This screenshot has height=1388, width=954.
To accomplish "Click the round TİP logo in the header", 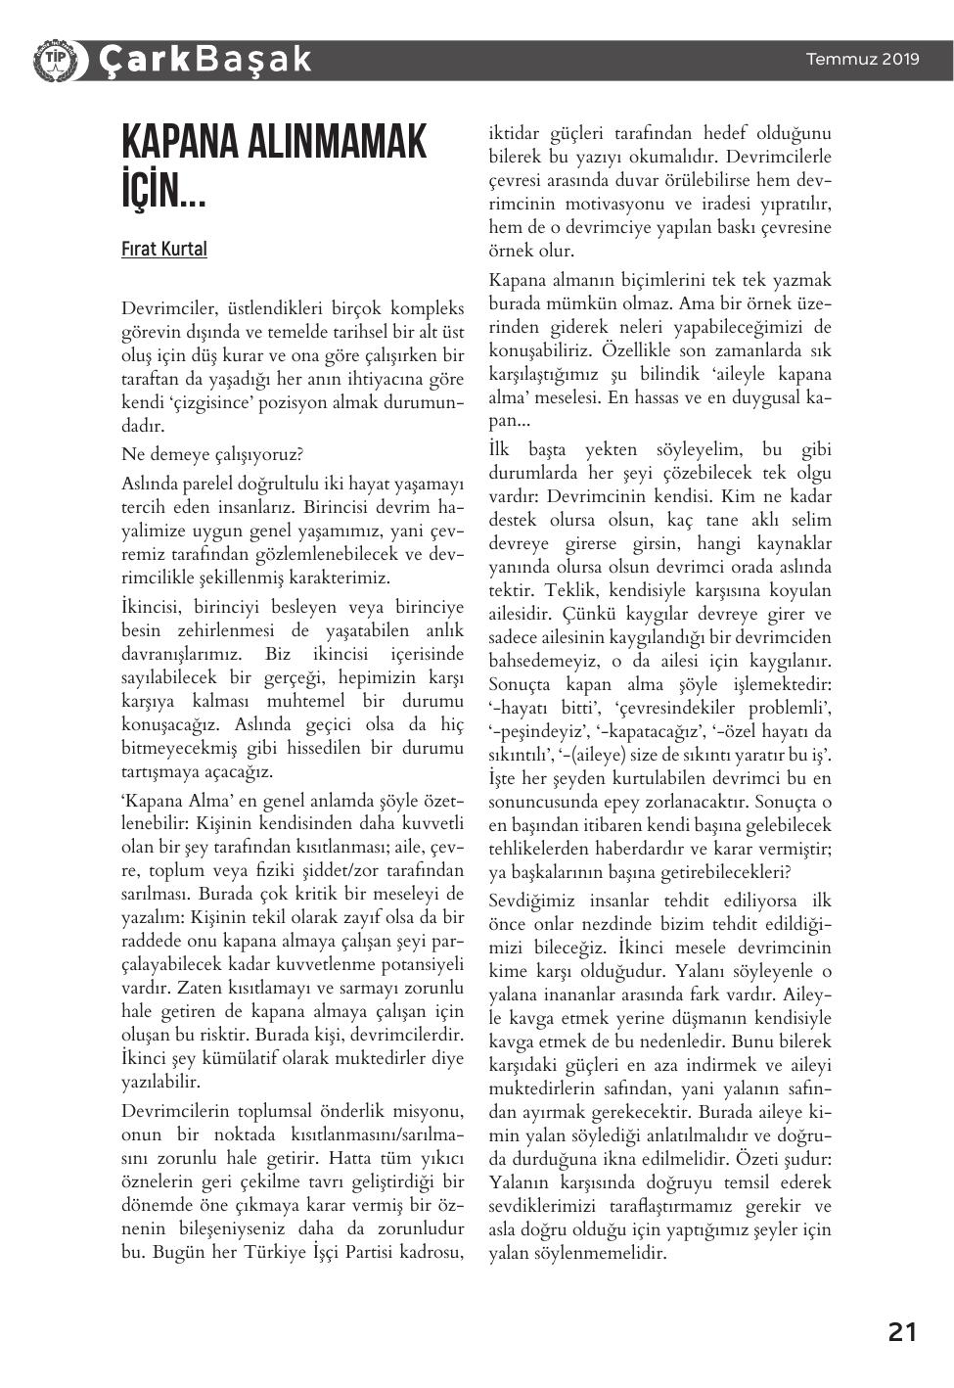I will (x=54, y=59).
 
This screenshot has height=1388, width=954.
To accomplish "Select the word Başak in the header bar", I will (x=252, y=59).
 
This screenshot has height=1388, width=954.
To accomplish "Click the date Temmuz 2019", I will (x=862, y=59).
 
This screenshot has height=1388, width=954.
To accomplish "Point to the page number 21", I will (x=901, y=1331).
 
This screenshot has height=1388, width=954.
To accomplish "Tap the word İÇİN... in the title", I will (x=162, y=190).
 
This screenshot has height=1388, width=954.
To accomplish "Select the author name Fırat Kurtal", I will (x=163, y=249).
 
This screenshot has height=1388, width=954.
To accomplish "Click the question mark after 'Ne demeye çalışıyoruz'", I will (x=299, y=454).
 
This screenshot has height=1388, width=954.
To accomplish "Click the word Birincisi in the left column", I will (x=339, y=507).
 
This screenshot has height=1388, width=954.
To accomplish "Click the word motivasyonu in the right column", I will (x=613, y=204).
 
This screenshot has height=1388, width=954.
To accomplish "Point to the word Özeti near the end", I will (x=750, y=1159).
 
